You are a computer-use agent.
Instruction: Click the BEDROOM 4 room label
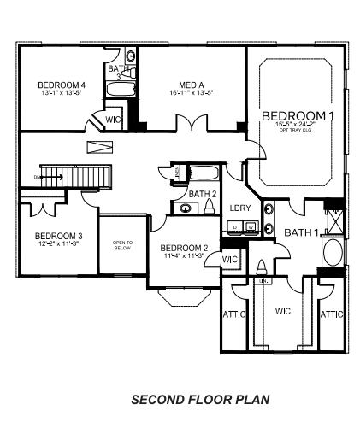tap(61, 85)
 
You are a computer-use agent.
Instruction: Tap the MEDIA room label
tap(191, 85)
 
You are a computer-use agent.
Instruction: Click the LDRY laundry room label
tap(239, 206)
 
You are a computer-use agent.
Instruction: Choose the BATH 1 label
tap(301, 232)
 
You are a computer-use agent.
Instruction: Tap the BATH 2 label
tap(202, 194)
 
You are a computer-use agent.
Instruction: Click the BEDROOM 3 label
tap(58, 236)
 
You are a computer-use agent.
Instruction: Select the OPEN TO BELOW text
tap(123, 244)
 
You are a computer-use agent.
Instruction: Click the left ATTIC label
tap(234, 314)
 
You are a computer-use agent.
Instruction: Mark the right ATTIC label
tap(332, 314)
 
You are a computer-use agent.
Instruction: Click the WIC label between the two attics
tap(283, 312)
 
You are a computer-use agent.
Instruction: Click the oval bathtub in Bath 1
tap(332, 255)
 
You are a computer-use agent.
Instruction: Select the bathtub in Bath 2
tap(202, 173)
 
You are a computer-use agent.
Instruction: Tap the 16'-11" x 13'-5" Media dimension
tap(191, 94)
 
